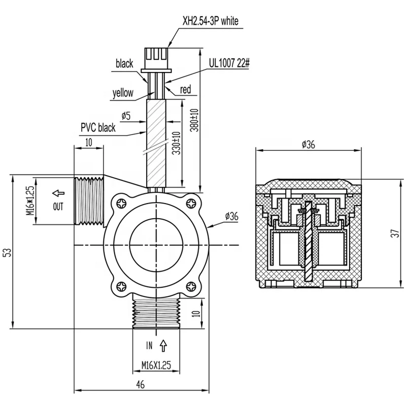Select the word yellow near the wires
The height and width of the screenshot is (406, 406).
coord(123,93)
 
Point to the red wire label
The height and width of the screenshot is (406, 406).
coord(185,90)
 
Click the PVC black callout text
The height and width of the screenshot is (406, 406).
coord(98,128)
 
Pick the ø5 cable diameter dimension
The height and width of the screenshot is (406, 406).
coord(126,116)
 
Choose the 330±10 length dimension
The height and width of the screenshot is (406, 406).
coord(176,144)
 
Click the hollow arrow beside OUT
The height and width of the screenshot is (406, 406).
coord(59,193)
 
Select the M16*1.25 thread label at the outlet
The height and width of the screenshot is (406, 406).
coord(31,201)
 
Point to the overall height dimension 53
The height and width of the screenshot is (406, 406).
coord(7,252)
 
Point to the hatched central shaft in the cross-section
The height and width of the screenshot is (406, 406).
coord(308,244)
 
